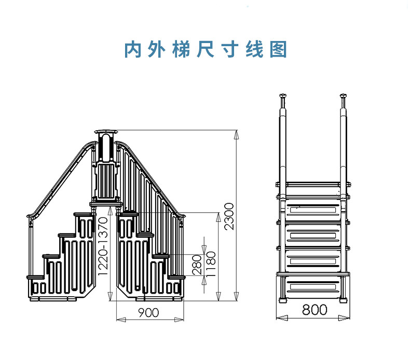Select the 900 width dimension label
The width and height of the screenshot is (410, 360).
tap(148, 312)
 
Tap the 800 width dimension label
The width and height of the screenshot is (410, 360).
tap(315, 310)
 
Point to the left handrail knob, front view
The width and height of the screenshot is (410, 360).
tap(283, 96)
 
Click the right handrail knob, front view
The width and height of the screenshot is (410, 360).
tap(343, 96)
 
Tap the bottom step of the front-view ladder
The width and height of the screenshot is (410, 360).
tap(313, 285)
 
